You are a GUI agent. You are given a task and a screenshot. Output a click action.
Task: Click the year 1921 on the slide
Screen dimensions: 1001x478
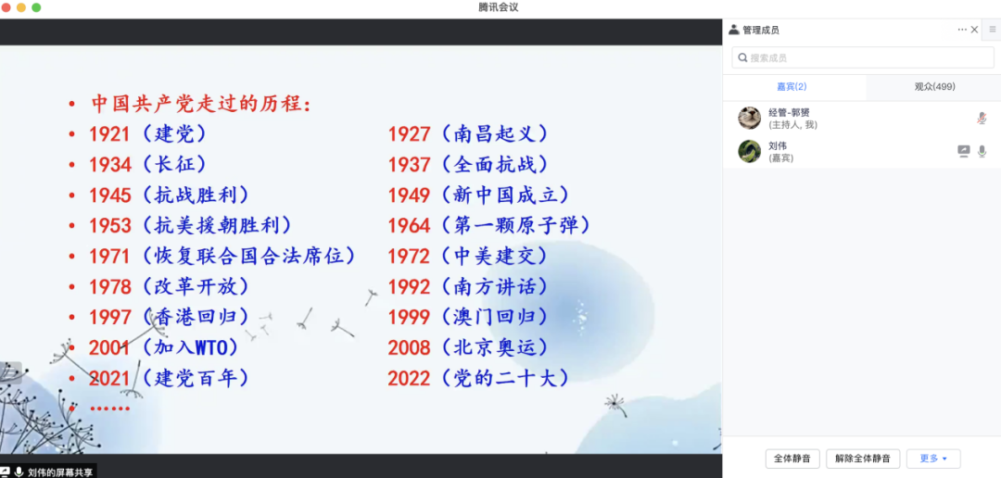(x=109, y=134)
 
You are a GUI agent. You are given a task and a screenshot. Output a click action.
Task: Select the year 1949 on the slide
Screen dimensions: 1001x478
(x=410, y=195)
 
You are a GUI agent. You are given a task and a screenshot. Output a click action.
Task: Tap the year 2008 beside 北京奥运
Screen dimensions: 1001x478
(x=410, y=348)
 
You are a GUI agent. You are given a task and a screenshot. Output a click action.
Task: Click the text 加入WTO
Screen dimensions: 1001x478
(x=190, y=348)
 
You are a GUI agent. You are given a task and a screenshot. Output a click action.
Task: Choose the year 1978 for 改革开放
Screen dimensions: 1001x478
(x=109, y=287)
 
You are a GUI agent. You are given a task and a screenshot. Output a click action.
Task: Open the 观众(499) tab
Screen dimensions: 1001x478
(x=934, y=87)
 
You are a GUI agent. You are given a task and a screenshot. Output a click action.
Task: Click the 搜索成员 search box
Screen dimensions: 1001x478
(x=863, y=57)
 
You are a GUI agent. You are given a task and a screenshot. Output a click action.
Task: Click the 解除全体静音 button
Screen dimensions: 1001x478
(x=863, y=459)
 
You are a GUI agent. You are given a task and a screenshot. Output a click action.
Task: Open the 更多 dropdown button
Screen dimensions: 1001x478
(x=933, y=459)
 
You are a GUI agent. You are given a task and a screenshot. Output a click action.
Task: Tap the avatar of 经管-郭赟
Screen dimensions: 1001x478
(x=750, y=118)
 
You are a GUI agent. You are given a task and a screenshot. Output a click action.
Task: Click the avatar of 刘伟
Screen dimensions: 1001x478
(x=750, y=151)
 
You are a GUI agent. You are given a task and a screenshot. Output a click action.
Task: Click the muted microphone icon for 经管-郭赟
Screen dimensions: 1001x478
(x=982, y=118)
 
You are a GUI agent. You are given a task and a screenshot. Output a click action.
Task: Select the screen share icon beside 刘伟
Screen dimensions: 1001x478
(x=963, y=151)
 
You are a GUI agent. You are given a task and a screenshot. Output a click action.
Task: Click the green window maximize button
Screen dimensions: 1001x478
(x=36, y=7)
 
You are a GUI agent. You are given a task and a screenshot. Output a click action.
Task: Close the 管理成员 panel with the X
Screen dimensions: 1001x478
(x=974, y=30)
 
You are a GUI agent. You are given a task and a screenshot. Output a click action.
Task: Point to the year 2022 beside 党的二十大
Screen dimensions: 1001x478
(x=410, y=379)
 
